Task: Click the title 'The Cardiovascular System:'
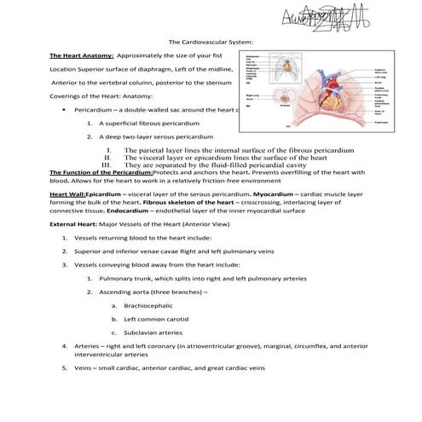tap(211, 41)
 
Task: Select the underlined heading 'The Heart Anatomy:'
tap(81, 54)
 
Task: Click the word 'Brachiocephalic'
tap(148, 304)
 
